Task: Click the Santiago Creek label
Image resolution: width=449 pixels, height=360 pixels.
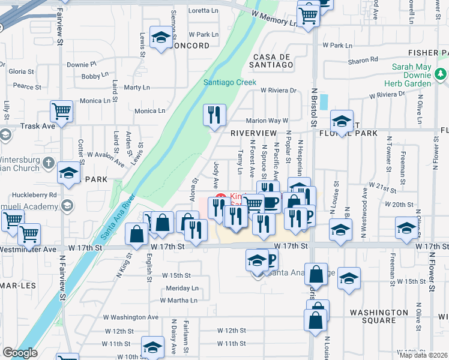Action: pyautogui.click(x=229, y=82)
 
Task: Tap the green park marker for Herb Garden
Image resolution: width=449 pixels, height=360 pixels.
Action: pyautogui.click(x=441, y=74)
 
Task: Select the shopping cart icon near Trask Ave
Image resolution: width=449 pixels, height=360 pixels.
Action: pyautogui.click(x=61, y=111)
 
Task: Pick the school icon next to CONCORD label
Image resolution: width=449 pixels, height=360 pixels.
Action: pyautogui.click(x=160, y=38)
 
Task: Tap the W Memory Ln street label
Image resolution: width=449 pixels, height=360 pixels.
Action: pyautogui.click(x=274, y=17)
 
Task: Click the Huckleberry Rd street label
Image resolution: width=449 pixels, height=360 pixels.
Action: pyautogui.click(x=37, y=195)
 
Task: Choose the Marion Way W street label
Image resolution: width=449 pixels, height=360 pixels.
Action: pyautogui.click(x=267, y=120)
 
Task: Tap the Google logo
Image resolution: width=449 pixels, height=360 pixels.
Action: pyautogui.click(x=20, y=353)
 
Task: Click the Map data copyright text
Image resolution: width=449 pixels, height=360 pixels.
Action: pyautogui.click(x=423, y=355)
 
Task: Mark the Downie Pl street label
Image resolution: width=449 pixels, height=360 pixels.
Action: pyautogui.click(x=82, y=64)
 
